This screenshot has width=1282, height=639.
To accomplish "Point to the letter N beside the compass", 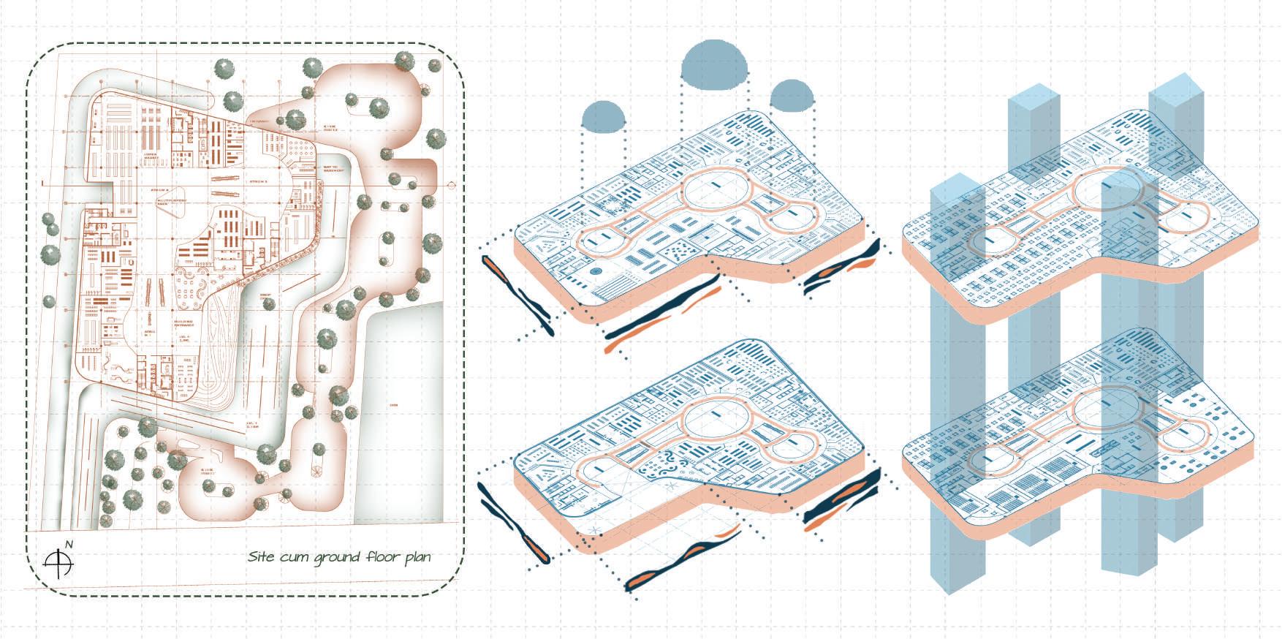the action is pyautogui.click(x=69, y=544).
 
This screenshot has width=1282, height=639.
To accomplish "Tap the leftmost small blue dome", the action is pyautogui.click(x=604, y=115).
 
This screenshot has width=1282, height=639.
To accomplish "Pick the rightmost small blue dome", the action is pyautogui.click(x=792, y=96).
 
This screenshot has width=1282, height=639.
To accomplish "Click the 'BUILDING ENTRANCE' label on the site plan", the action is pyautogui.click(x=184, y=322).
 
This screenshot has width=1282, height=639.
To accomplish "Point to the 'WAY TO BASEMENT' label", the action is pyautogui.click(x=332, y=169).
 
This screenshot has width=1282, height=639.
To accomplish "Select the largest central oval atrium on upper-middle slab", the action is pyautogui.click(x=717, y=192).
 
